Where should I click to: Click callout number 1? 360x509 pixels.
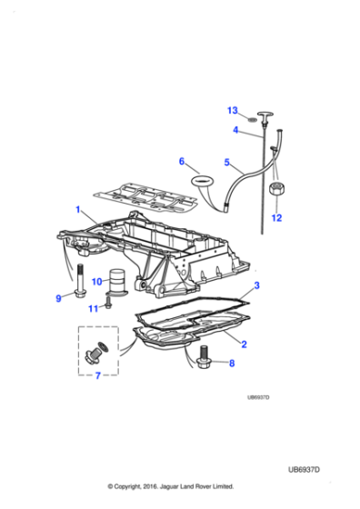pyautogui.click(x=78, y=210)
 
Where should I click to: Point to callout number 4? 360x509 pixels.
pyautogui.click(x=235, y=131)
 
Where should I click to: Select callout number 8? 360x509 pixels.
pyautogui.click(x=231, y=363)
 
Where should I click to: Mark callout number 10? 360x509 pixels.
pyautogui.click(x=96, y=283)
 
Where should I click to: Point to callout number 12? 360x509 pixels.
pyautogui.click(x=276, y=218)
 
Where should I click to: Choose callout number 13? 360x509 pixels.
pyautogui.click(x=232, y=111)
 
